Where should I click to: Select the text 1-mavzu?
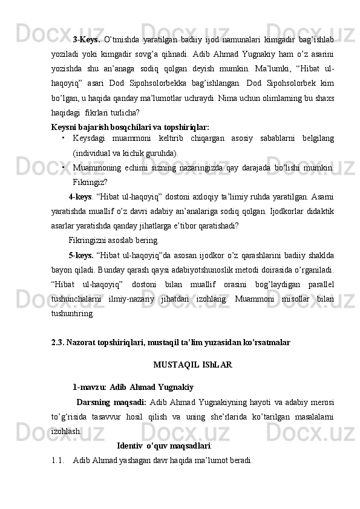coord(90,387)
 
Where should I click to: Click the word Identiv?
coord(129,446)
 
